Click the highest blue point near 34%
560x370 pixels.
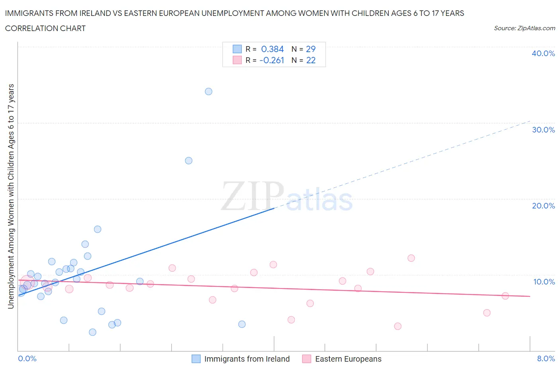click(x=208, y=92)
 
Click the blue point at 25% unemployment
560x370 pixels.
click(x=189, y=161)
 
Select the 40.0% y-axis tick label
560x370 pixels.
click(x=543, y=53)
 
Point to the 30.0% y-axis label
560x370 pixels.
click(x=543, y=130)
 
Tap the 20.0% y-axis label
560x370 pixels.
click(x=543, y=206)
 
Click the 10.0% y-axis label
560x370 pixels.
click(x=544, y=282)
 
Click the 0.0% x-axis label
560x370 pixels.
click(x=27, y=358)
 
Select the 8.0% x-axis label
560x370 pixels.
click(x=546, y=358)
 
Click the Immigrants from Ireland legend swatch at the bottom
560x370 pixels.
click(x=196, y=359)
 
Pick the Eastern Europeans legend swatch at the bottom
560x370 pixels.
click(x=307, y=359)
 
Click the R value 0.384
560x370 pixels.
click(x=272, y=49)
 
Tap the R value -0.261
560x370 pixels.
click(x=272, y=60)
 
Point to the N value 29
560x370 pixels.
click(x=311, y=49)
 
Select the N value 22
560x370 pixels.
click(x=311, y=60)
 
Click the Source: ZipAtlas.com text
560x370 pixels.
click(x=524, y=28)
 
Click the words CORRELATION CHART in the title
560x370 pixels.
click(x=45, y=28)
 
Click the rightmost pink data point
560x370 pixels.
click(x=505, y=296)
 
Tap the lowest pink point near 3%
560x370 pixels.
click(x=397, y=326)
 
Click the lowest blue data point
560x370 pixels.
click(x=92, y=332)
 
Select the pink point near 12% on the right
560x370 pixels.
click(x=411, y=258)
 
